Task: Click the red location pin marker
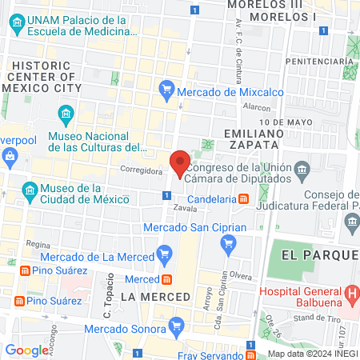(181, 163)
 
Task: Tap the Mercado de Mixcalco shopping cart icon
(166, 87)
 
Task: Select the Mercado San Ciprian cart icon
(230, 243)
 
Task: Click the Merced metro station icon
(168, 279)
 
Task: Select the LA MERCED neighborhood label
(155, 297)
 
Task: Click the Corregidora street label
(141, 170)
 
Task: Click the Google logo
(26, 350)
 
